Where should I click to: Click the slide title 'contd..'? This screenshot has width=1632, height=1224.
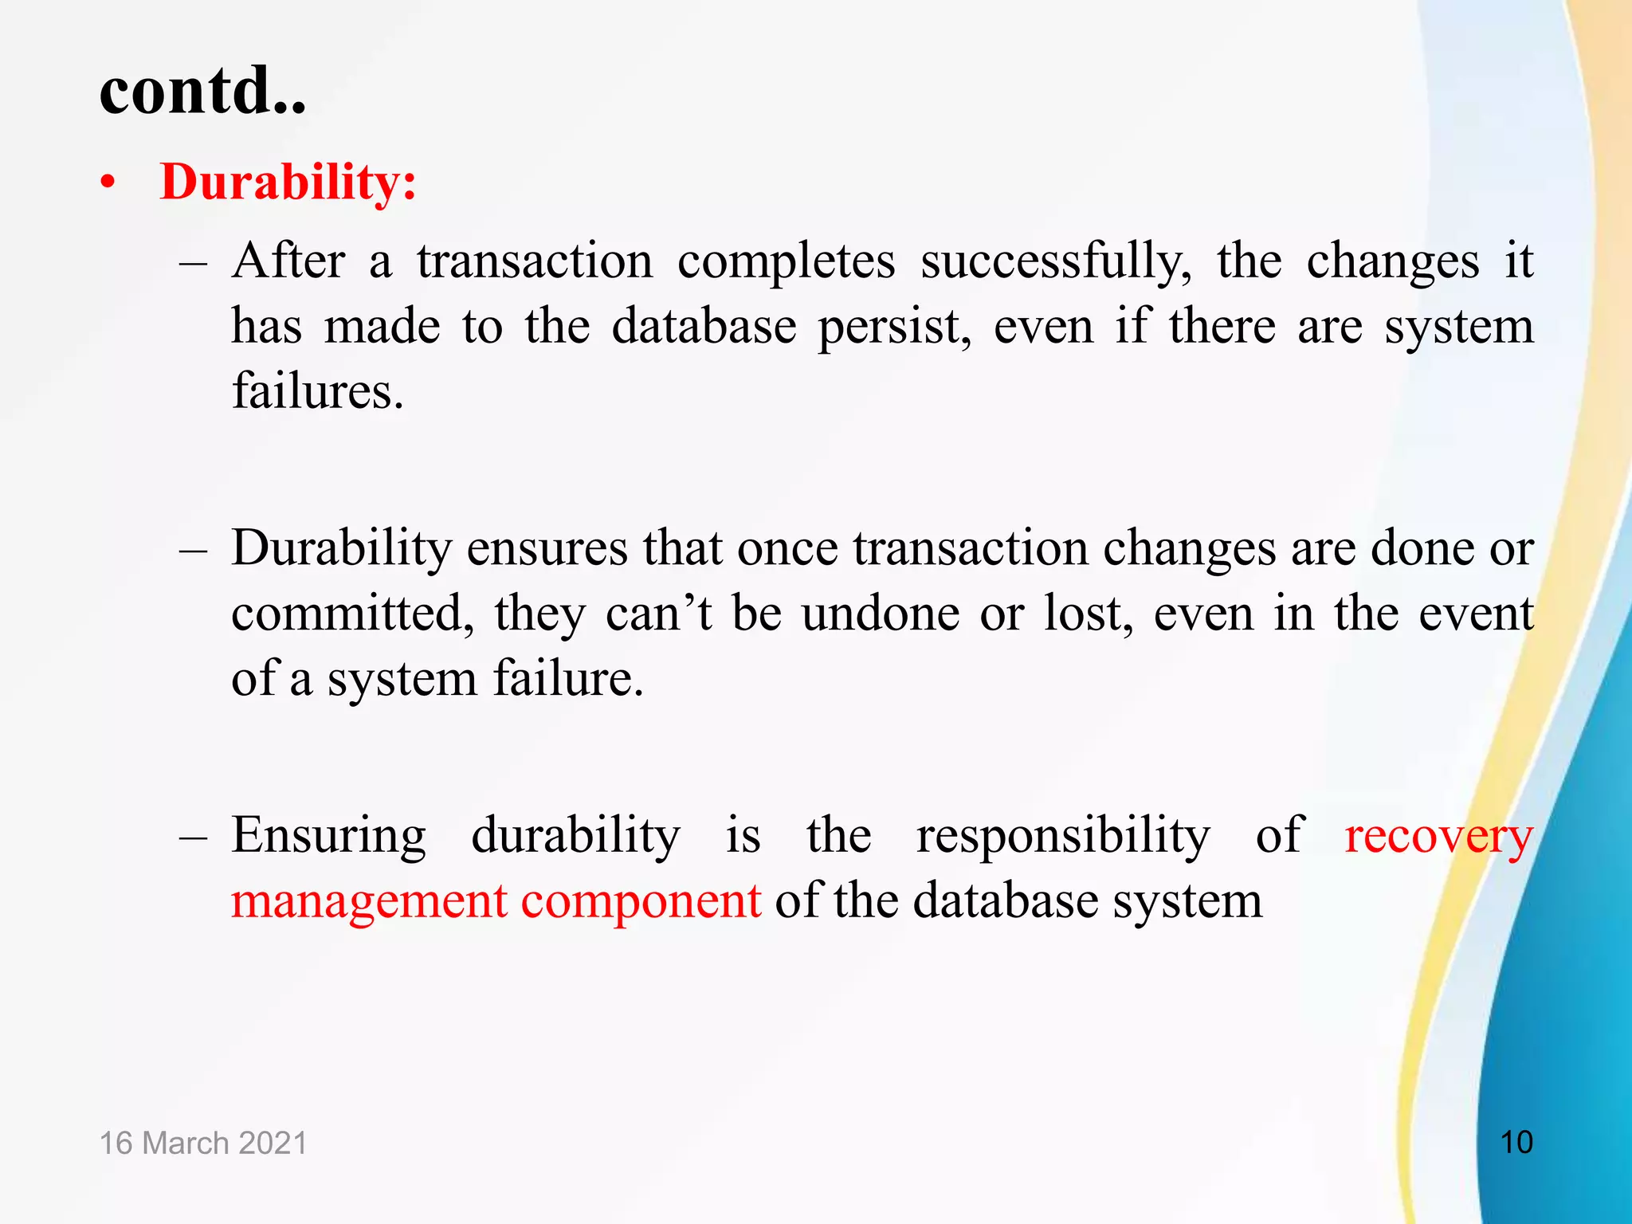point(202,91)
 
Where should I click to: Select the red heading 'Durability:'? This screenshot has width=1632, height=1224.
point(288,182)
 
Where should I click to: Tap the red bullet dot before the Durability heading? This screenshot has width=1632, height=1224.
point(108,184)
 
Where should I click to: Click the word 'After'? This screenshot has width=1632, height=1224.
point(288,261)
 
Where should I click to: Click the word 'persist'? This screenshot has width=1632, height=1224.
point(894,328)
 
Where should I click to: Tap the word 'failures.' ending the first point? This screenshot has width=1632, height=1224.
point(318,391)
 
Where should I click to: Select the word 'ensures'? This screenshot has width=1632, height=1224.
point(547,549)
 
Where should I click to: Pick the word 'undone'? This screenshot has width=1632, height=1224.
point(881,614)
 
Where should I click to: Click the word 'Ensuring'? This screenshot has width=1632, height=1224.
point(329,837)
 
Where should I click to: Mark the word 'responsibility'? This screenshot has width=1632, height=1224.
point(1063,837)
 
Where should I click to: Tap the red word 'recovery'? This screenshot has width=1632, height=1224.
point(1438,837)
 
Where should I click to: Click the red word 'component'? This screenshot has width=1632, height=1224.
point(641,902)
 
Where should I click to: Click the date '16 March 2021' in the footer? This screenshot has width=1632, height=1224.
point(203,1143)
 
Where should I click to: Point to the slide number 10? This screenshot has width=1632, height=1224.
point(1516,1142)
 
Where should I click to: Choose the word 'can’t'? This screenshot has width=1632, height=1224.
point(658,614)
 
